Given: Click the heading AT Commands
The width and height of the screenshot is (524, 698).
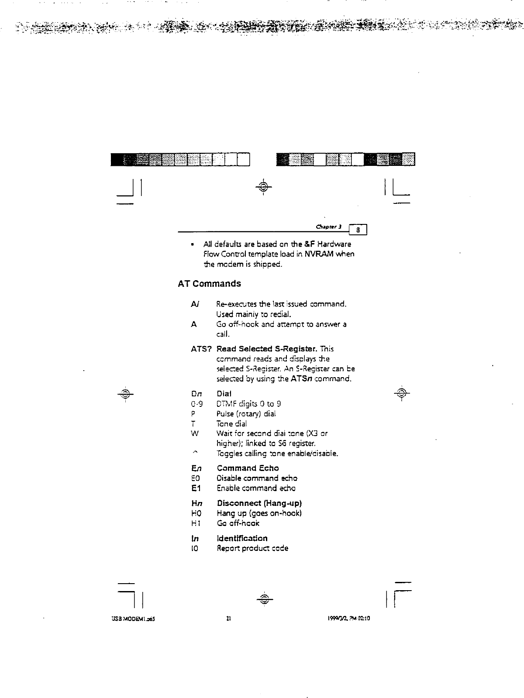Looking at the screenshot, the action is [x=209, y=284].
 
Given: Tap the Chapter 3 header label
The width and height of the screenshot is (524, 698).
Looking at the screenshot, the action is [x=330, y=227].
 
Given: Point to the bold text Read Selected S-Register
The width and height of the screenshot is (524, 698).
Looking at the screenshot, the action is [x=266, y=349].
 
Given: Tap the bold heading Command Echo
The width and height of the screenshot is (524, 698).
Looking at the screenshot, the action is [x=248, y=468].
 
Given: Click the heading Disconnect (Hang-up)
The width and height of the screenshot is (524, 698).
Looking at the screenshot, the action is [x=259, y=503].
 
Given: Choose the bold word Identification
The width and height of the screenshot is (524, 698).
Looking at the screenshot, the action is [x=242, y=538].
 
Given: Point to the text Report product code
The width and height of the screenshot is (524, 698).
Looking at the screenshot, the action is [x=252, y=548].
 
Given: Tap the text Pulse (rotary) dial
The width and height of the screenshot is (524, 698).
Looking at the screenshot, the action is [x=246, y=414].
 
